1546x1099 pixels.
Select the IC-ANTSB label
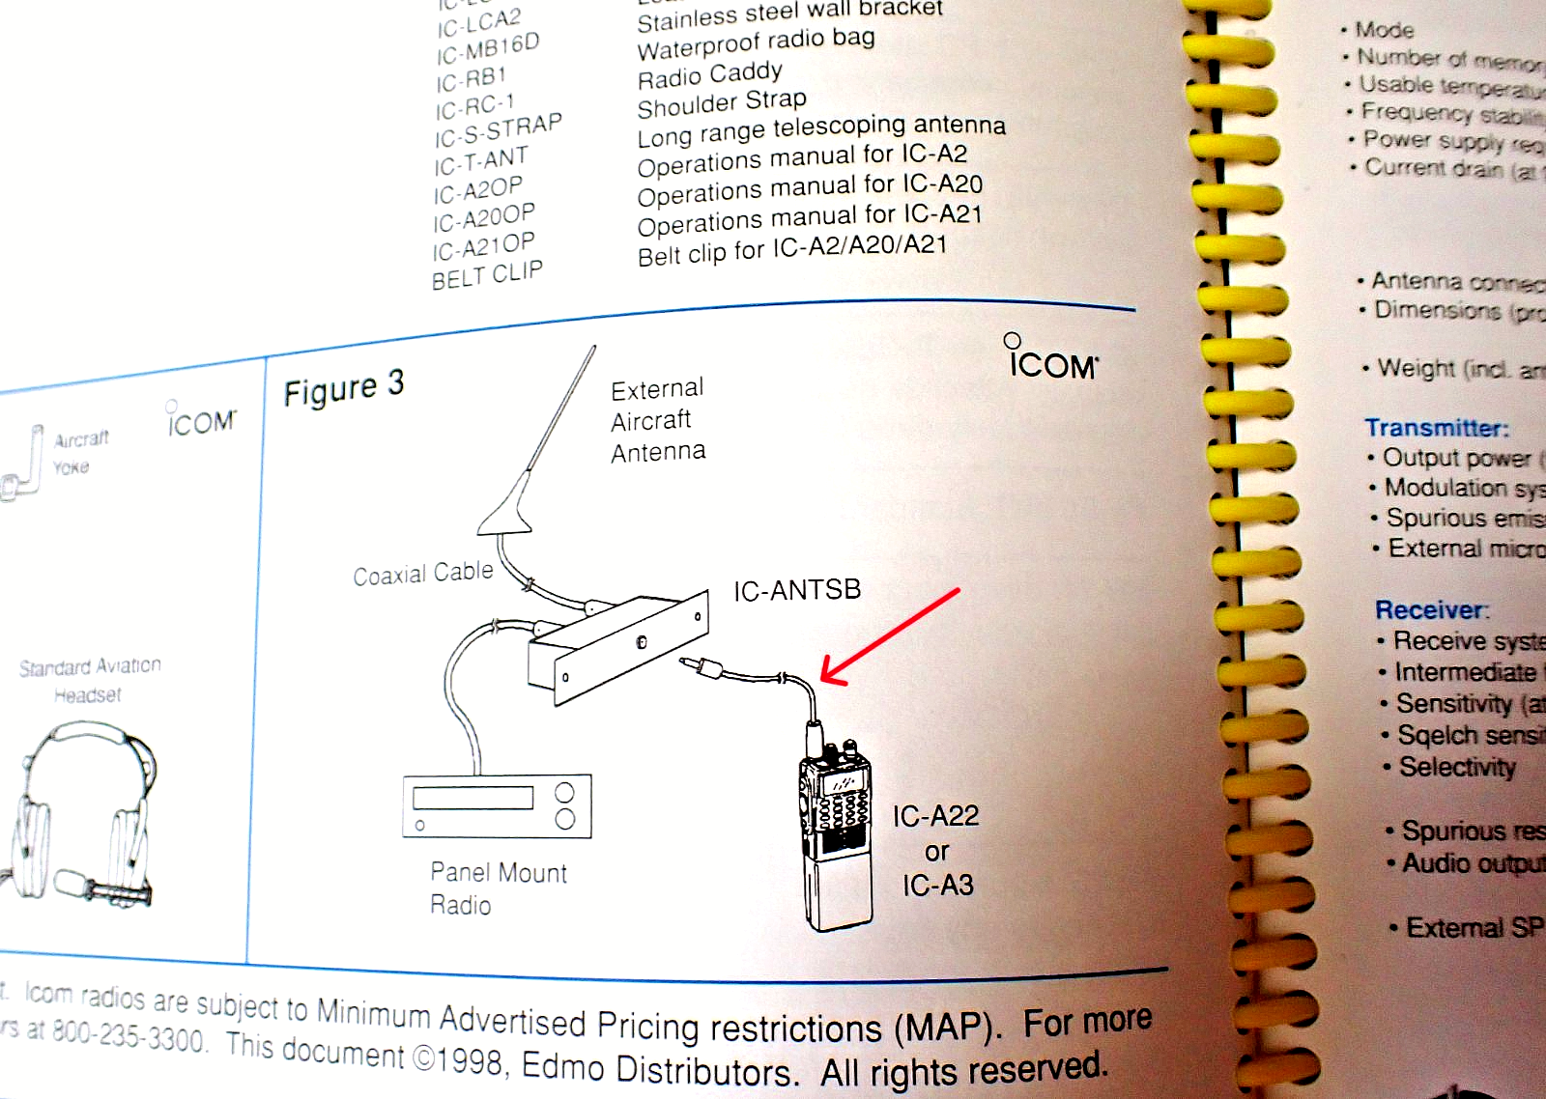[796, 590]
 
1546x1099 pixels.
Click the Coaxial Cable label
[422, 574]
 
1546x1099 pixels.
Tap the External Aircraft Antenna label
[658, 420]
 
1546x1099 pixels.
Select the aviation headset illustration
[83, 811]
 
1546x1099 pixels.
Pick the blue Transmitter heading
[1436, 428]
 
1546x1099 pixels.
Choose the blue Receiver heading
[1432, 610]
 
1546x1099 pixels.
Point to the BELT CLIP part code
[487, 275]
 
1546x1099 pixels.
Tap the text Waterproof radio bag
[756, 43]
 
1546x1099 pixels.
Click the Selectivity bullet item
[1456, 767]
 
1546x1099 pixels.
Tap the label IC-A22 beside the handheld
[935, 817]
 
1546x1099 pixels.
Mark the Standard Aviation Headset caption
[90, 680]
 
